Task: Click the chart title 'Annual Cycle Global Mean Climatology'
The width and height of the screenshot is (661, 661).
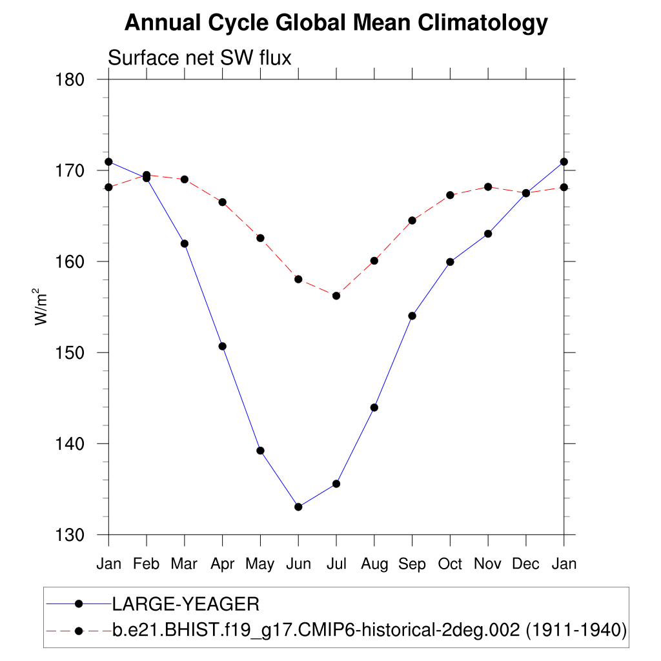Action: [x=336, y=23]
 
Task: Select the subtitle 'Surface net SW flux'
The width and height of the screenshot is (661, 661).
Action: [x=199, y=58]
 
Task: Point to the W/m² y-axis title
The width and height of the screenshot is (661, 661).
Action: [x=42, y=307]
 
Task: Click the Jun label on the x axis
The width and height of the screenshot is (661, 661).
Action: [x=298, y=564]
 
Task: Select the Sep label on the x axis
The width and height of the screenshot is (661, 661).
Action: [x=412, y=564]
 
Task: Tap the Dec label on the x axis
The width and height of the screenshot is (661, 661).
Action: [x=526, y=564]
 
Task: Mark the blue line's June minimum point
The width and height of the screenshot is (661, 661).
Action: [x=298, y=507]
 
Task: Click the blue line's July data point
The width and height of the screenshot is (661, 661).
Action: [x=336, y=483]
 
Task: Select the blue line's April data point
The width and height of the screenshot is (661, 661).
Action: [x=223, y=346]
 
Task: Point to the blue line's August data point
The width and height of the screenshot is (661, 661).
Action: [x=374, y=407]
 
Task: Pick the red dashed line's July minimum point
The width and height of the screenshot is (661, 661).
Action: [x=336, y=296]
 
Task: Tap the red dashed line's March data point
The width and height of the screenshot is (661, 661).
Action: [x=185, y=179]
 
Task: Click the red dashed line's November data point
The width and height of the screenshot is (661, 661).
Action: [x=488, y=187]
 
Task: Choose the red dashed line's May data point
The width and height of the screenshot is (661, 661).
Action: [x=261, y=238]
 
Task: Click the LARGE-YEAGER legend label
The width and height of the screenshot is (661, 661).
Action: [x=186, y=604]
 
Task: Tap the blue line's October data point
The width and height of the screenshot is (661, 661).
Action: [x=450, y=262]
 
